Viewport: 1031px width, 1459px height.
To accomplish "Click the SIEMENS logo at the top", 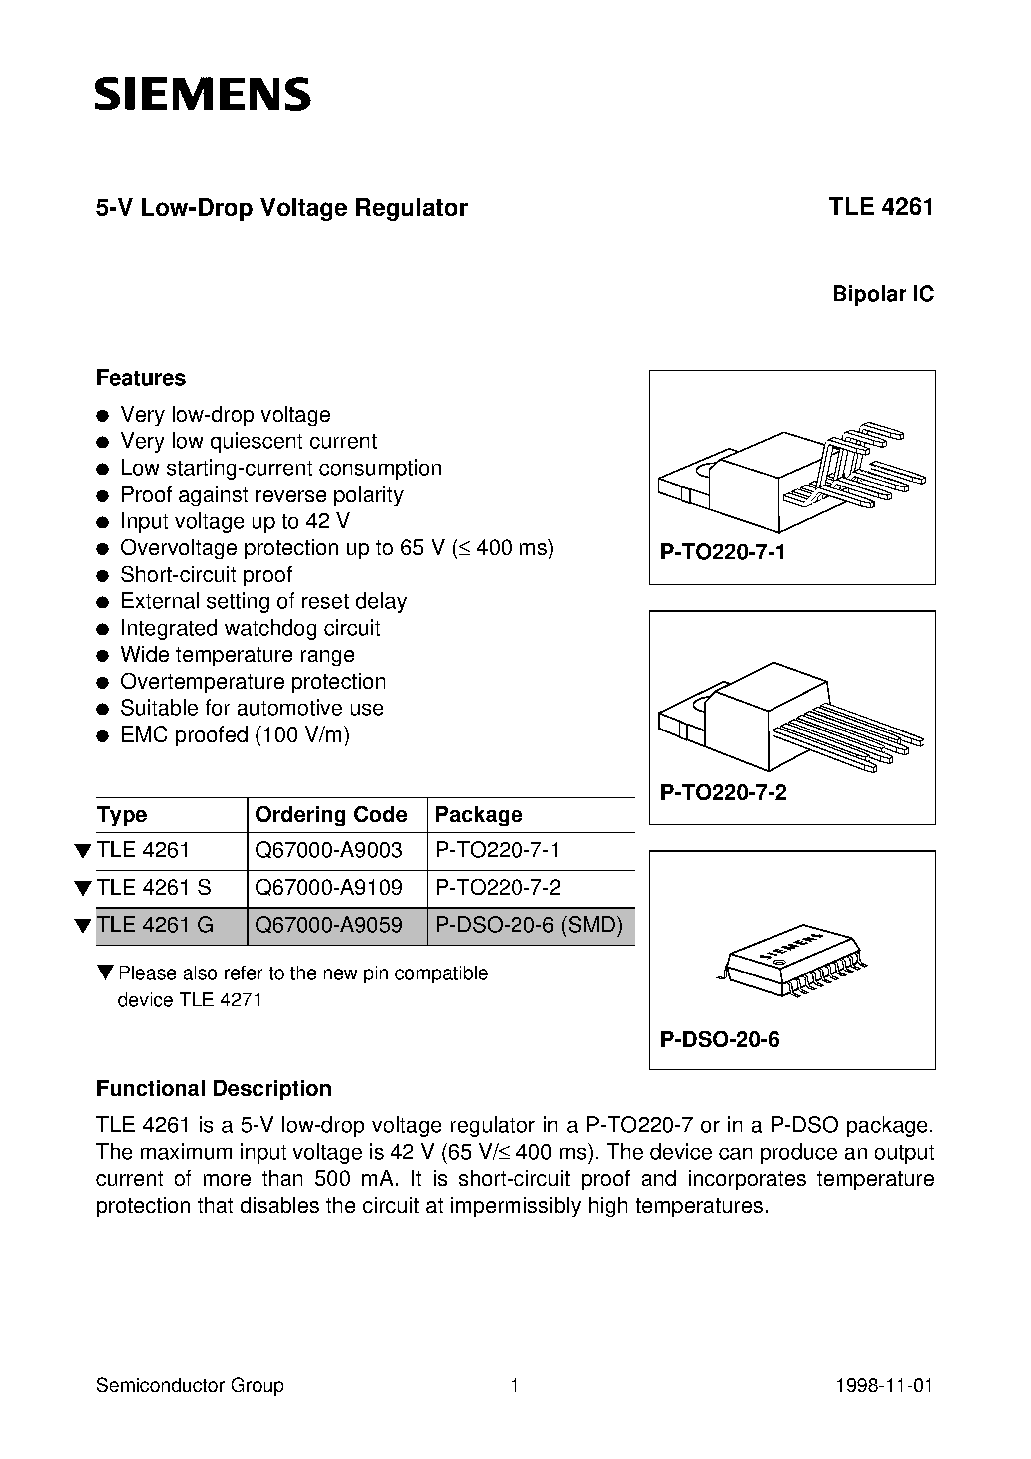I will pyautogui.click(x=203, y=95).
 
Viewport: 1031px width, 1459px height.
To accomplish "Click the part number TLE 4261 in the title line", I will pyautogui.click(x=880, y=207).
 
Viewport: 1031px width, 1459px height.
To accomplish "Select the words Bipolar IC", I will pyautogui.click(x=883, y=294).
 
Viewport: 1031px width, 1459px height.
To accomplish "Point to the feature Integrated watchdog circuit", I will pyautogui.click(x=250, y=628).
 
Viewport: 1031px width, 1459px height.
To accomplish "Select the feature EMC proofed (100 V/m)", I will pyautogui.click(x=235, y=734).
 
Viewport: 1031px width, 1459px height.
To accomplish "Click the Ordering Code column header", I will pyautogui.click(x=330, y=815).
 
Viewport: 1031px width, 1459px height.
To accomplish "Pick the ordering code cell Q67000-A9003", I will pyautogui.click(x=329, y=850).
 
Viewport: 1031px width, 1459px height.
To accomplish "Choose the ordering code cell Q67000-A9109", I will pyautogui.click(x=329, y=887).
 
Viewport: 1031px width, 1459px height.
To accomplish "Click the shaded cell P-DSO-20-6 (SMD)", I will pyautogui.click(x=528, y=925).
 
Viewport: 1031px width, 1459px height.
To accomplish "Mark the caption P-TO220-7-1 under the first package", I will pyautogui.click(x=722, y=552).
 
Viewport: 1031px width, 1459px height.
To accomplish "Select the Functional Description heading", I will pyautogui.click(x=214, y=1089).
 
